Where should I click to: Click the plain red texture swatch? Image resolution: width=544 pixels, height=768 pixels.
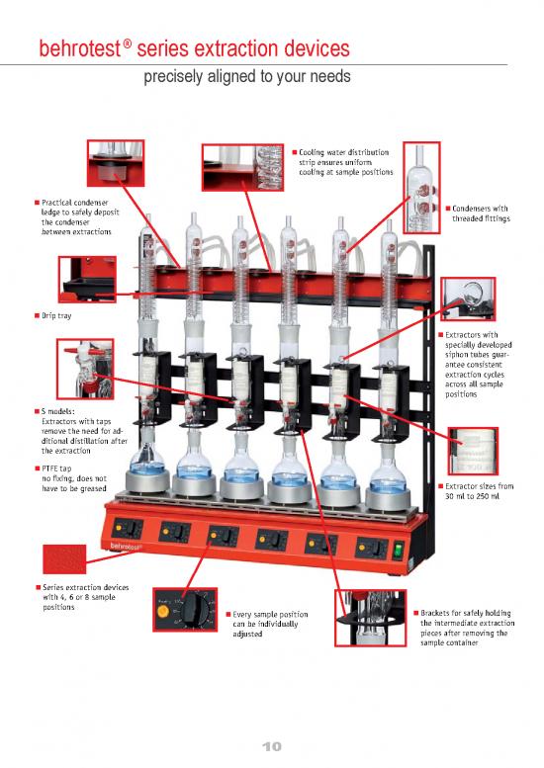point(71,560)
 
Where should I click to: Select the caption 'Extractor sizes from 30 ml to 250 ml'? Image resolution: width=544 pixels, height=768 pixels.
point(480,491)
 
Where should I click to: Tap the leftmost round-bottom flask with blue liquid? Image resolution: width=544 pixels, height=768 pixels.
point(146,462)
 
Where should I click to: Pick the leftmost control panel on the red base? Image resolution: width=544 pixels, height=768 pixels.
point(127,528)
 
